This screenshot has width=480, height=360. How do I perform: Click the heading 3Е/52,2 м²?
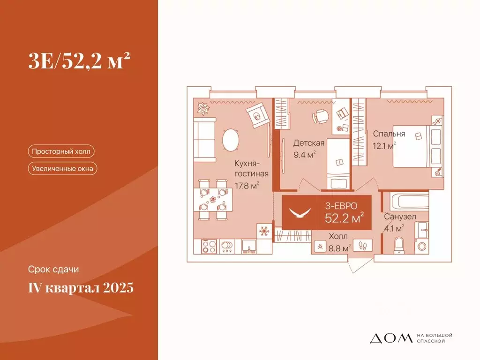78,61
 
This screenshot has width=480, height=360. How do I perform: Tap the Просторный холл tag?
61,151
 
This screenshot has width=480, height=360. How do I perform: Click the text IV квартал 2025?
81,287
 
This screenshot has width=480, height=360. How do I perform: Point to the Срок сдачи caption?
53,270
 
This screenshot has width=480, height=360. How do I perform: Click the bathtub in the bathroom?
405,202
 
